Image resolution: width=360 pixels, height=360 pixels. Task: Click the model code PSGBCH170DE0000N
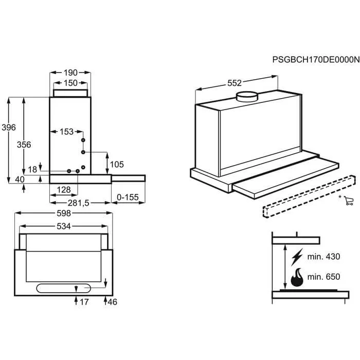click(x=316, y=60)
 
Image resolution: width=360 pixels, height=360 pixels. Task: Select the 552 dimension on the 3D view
click(x=235, y=83)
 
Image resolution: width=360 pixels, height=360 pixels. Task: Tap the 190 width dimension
click(x=70, y=73)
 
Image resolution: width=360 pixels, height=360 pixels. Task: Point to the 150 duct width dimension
click(x=70, y=83)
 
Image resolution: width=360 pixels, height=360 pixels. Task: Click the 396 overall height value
click(x=9, y=128)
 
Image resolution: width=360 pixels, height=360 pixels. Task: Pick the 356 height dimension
click(x=24, y=145)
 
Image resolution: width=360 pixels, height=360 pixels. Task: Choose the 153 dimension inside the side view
click(x=66, y=132)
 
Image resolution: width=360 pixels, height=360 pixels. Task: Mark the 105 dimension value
click(x=117, y=165)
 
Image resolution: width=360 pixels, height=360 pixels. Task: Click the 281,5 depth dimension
click(x=78, y=203)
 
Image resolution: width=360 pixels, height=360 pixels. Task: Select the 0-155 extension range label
click(x=128, y=197)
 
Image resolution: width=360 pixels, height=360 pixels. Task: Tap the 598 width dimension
click(x=64, y=213)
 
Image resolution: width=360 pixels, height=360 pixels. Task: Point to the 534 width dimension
click(x=64, y=226)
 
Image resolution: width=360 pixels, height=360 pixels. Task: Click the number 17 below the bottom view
click(x=84, y=302)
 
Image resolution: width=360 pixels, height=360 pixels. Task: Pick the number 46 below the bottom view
click(x=112, y=302)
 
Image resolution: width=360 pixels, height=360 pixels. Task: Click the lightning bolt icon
click(x=297, y=257)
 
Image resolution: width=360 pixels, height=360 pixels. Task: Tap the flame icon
click(x=297, y=277)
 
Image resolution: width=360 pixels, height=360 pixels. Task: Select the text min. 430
click(x=323, y=257)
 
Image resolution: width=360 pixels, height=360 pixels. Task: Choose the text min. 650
click(x=323, y=277)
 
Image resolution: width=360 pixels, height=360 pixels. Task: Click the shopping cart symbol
click(x=349, y=201)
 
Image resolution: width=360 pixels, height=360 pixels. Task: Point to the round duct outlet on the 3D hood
click(x=247, y=97)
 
